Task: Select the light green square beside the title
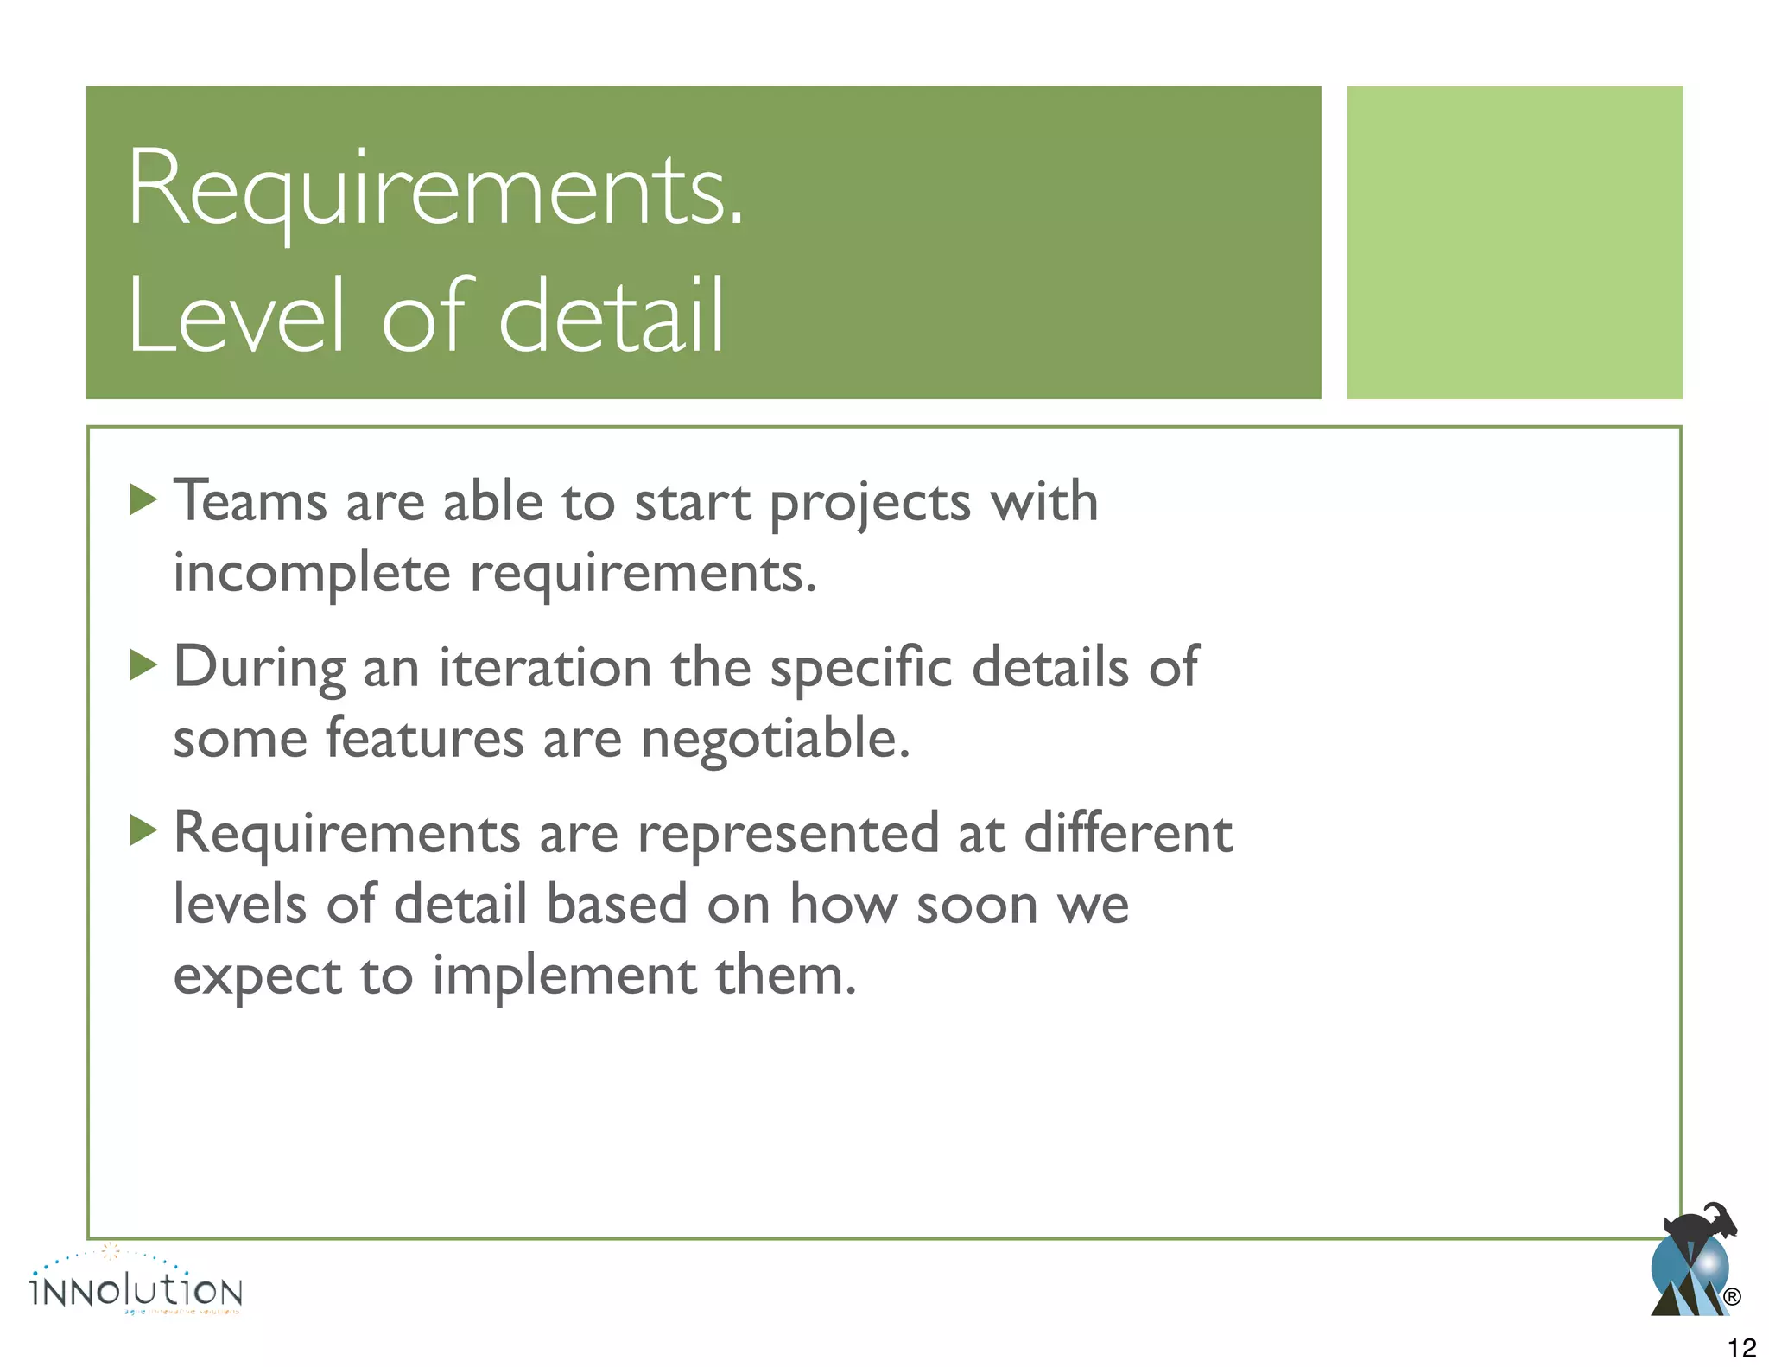1513,242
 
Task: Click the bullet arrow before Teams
143,499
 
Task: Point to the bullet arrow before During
143,665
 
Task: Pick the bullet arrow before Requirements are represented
143,831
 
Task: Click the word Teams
250,501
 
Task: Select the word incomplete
312,572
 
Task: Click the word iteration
545,667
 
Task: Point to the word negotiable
775,740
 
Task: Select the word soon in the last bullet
976,906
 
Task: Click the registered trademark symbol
1731,1296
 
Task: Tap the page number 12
1741,1347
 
